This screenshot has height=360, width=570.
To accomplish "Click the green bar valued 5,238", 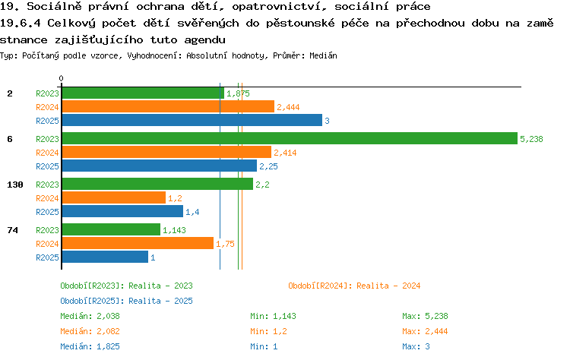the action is pyautogui.click(x=290, y=138).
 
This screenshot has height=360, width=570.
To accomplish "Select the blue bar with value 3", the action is pyautogui.click(x=192, y=120).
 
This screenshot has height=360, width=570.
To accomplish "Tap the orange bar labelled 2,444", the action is pyautogui.click(x=168, y=106).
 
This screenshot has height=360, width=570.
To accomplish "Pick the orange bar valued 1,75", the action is pyautogui.click(x=138, y=243).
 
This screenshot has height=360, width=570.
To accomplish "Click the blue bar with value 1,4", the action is pyautogui.click(x=123, y=211).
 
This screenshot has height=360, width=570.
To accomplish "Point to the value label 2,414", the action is pyautogui.click(x=285, y=153).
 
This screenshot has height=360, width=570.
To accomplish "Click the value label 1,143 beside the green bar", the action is pyautogui.click(x=174, y=230).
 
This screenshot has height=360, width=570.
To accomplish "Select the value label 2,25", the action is pyautogui.click(x=268, y=166).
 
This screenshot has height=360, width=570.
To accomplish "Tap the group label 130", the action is pyautogui.click(x=15, y=185).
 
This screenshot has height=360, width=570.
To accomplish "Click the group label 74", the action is pyautogui.click(x=13, y=230).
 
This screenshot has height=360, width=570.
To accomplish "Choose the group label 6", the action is pyautogui.click(x=10, y=139).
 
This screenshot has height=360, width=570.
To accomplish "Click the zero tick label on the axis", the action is pyautogui.click(x=61, y=78).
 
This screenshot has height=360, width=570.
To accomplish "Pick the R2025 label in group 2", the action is pyautogui.click(x=47, y=121).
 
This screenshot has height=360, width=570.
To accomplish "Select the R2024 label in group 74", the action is pyautogui.click(x=47, y=243).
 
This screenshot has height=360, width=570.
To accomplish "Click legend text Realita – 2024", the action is pyautogui.click(x=388, y=286).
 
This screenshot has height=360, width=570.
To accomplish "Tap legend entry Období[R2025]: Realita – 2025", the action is pyautogui.click(x=126, y=301).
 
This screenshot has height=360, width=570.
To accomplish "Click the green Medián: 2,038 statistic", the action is pyautogui.click(x=90, y=316).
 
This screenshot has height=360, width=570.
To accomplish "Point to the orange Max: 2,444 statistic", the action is pyautogui.click(x=425, y=331).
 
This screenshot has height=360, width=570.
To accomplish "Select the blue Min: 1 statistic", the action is pyautogui.click(x=264, y=346).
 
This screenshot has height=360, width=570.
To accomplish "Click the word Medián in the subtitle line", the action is pyautogui.click(x=323, y=55).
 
